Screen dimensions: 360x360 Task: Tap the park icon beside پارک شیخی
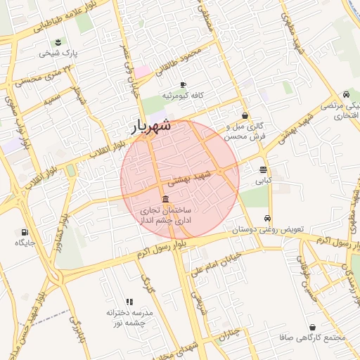click(x=65, y=42)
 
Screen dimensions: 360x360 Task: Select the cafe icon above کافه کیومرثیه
click(x=183, y=84)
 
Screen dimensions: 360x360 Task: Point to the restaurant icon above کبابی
click(x=263, y=169)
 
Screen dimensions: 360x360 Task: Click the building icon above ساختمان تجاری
click(x=165, y=200)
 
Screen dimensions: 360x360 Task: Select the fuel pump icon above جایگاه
click(x=25, y=231)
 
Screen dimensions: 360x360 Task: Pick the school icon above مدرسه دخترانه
click(x=129, y=301)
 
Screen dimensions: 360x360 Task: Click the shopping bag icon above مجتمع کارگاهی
click(x=312, y=327)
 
